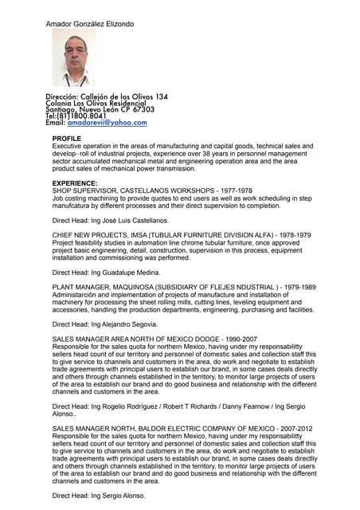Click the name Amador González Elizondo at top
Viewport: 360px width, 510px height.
point(90,25)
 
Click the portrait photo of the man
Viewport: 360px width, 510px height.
point(74,58)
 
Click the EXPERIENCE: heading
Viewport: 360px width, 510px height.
point(75,183)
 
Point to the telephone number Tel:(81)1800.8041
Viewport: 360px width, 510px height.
point(76,116)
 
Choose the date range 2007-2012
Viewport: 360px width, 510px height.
point(293,429)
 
